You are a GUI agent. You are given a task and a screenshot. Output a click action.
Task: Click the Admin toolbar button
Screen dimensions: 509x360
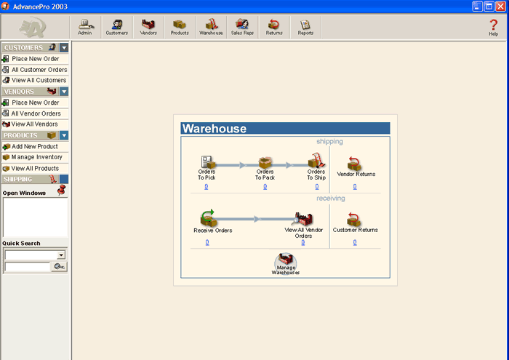pos(85,27)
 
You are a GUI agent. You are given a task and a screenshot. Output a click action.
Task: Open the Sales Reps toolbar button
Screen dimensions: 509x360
pos(242,27)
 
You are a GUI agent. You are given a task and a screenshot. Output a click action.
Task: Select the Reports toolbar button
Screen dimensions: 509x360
pos(305,27)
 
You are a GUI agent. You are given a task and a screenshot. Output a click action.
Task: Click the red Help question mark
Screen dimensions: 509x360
pos(494,25)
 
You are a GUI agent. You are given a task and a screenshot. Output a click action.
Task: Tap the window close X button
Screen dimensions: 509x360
pos(500,6)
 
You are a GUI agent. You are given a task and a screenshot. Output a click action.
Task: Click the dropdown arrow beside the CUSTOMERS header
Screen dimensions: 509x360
pos(64,48)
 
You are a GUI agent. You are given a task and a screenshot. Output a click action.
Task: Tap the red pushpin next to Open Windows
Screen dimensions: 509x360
pos(61,190)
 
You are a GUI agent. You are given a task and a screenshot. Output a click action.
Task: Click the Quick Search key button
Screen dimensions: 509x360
pos(59,266)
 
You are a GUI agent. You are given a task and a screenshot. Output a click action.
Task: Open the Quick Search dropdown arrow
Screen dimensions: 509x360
pos(61,255)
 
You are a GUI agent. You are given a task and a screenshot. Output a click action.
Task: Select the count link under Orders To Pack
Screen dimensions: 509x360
pos(265,187)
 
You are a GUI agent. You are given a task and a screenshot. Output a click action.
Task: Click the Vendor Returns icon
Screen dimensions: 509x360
pos(354,164)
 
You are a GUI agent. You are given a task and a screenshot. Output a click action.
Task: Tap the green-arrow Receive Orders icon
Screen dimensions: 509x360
pos(208,217)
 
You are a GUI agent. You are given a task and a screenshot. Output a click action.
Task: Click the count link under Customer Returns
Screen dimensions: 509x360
pos(355,242)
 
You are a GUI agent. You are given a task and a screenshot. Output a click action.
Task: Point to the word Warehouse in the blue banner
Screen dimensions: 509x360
pos(215,129)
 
